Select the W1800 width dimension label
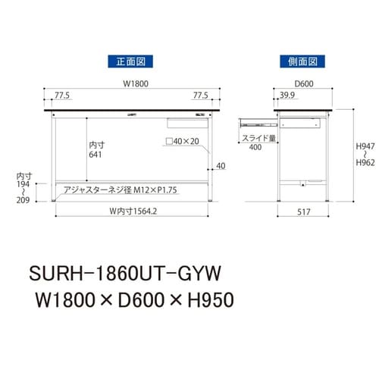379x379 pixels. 133,86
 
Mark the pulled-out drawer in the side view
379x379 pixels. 256,121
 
